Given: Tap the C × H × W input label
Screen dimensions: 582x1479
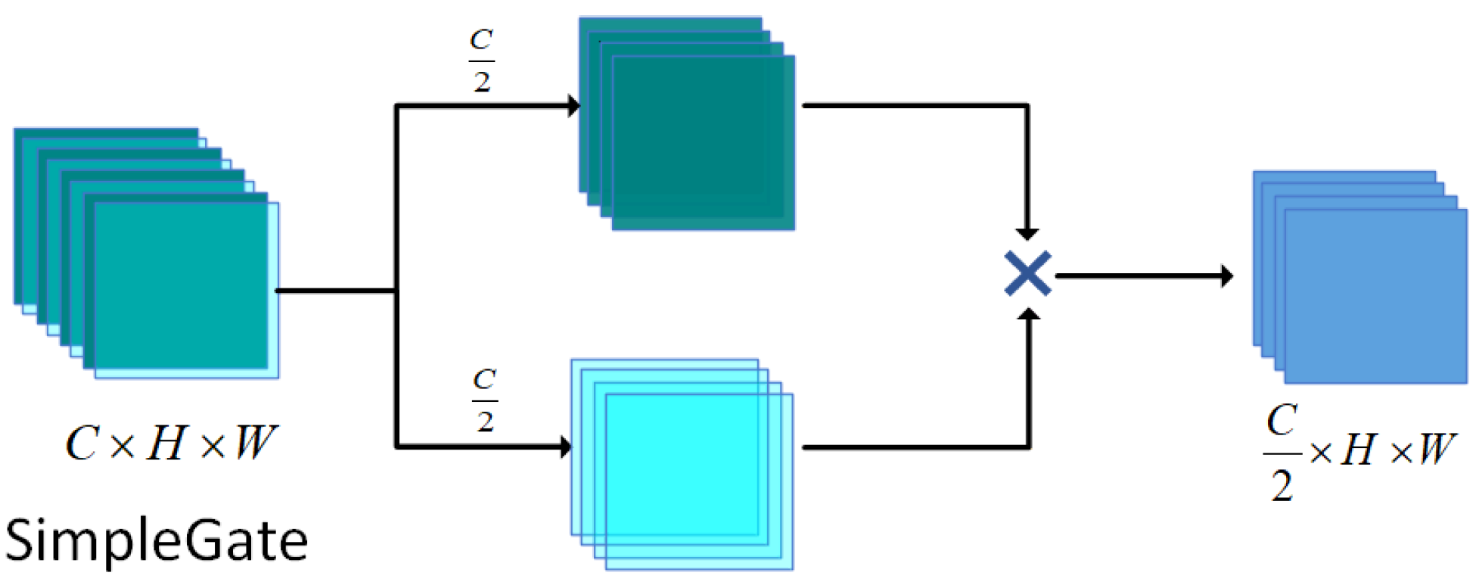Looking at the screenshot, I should click(x=171, y=443).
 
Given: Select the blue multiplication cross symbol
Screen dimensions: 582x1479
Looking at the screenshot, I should click(x=1027, y=273).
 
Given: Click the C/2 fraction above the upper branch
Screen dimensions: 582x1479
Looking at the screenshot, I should click(x=482, y=60).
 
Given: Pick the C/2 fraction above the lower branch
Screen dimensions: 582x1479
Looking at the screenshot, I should click(x=485, y=400).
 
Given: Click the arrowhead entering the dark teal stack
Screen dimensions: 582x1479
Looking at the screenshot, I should click(x=573, y=106).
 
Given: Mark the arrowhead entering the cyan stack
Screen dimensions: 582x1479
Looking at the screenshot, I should click(x=566, y=447).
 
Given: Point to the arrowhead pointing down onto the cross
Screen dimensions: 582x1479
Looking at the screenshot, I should click(x=1027, y=234).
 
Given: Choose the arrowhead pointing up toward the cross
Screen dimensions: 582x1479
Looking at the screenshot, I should click(x=1028, y=313).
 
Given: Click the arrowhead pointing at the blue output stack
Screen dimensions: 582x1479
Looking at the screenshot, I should click(x=1226, y=276).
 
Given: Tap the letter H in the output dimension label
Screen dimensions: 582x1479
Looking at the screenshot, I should click(x=1358, y=450).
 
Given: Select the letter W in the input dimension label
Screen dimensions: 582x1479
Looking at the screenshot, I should click(x=255, y=443).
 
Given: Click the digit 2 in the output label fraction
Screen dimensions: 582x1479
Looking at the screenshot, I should click(x=1282, y=485).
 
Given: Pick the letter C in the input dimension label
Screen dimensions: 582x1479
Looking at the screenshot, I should click(x=82, y=443).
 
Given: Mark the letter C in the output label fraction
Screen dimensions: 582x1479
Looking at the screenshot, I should click(x=1282, y=420).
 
